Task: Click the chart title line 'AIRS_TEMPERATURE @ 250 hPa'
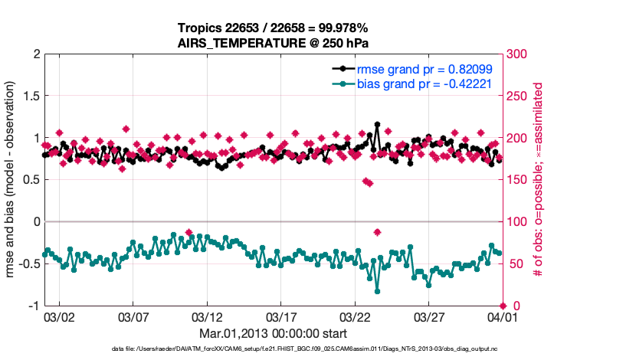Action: click(274, 43)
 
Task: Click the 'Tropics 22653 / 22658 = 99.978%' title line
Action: click(274, 28)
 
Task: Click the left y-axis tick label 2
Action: click(34, 54)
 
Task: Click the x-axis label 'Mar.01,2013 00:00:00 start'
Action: click(273, 333)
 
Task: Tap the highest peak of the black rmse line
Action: click(377, 124)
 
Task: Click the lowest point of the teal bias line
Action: click(377, 291)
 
